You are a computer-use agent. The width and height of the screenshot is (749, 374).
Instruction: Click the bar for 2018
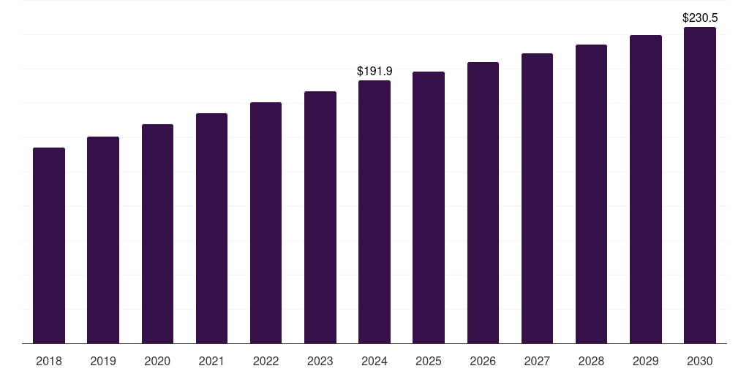49,245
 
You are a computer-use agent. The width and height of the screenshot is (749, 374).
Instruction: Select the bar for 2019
103,240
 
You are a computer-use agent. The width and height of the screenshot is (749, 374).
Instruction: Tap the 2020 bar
157,234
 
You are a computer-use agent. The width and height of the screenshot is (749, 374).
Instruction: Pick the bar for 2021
211,228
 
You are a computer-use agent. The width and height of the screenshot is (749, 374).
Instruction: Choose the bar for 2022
266,223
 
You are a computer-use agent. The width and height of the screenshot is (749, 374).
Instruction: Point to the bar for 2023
320,217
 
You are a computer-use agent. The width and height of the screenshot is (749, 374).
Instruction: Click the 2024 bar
374,212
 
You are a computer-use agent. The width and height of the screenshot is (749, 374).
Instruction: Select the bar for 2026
483,202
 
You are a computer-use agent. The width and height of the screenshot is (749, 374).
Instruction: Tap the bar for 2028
591,194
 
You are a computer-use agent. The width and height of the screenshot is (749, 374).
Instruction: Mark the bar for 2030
700,185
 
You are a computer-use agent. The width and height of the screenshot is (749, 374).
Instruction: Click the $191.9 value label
374,71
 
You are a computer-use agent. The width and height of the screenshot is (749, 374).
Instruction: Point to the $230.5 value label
700,18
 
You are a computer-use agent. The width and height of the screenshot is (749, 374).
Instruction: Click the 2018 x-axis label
49,361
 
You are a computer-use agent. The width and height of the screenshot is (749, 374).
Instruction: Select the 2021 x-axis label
211,361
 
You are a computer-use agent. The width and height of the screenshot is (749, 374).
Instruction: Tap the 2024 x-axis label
374,361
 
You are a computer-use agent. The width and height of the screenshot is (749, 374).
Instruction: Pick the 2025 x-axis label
429,361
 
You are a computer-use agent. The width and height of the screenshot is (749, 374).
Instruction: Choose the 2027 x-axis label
537,361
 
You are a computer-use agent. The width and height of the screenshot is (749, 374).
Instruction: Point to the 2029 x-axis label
646,361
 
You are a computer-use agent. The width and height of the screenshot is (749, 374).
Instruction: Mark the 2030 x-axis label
700,361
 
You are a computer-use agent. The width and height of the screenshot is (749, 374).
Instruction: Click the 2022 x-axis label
266,361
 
